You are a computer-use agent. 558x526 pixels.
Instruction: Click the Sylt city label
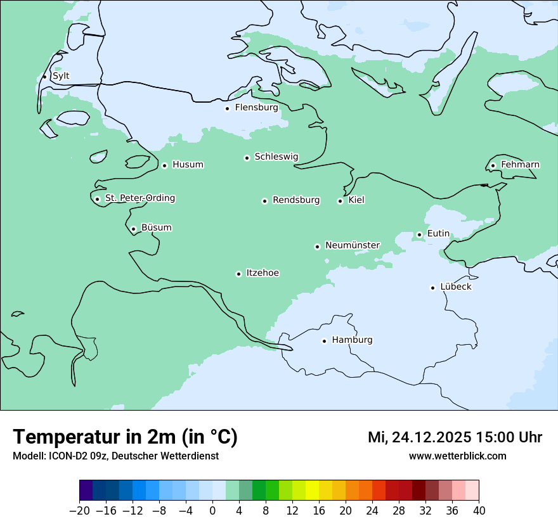61,76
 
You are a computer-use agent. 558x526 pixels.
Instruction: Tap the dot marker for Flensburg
227,108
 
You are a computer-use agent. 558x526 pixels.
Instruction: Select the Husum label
188,165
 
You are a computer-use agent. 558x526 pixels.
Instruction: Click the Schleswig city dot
247,158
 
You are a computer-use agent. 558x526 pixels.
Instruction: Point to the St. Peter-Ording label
139,198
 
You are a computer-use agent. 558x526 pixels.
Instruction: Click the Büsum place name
156,228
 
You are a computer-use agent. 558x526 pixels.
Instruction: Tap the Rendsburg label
295,200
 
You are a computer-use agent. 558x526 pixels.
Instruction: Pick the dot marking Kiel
340,201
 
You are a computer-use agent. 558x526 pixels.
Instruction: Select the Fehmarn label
520,165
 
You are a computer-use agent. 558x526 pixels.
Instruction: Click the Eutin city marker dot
419,234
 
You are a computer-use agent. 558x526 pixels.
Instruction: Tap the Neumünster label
352,245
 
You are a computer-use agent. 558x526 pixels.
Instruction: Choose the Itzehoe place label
262,273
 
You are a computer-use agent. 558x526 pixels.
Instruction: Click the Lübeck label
455,287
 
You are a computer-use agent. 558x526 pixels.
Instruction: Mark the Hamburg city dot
324,341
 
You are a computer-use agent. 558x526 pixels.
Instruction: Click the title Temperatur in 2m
125,437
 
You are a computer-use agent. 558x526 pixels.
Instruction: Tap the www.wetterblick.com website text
457,456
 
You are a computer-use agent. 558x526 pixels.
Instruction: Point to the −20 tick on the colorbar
80,511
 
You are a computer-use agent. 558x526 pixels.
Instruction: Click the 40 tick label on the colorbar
479,511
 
